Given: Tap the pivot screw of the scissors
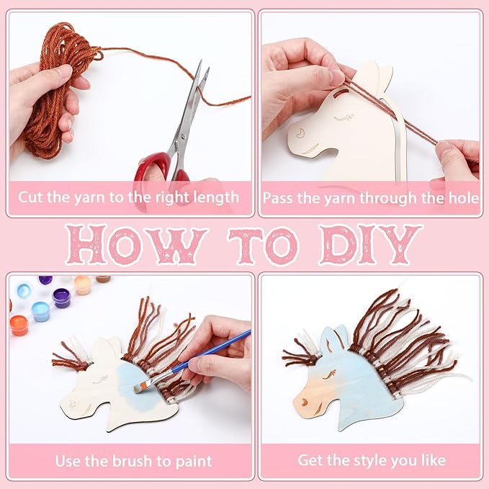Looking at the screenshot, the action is (x=183, y=136).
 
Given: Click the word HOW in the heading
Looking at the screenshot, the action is (x=136, y=245).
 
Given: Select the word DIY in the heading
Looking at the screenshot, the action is (x=370, y=245).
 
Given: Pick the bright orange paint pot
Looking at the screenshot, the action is (x=19, y=326).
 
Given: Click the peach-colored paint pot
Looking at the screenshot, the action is (x=83, y=285).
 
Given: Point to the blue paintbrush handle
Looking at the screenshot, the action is (x=210, y=351).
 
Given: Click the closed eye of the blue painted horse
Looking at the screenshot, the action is (x=329, y=374).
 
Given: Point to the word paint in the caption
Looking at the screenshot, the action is (x=194, y=462).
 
